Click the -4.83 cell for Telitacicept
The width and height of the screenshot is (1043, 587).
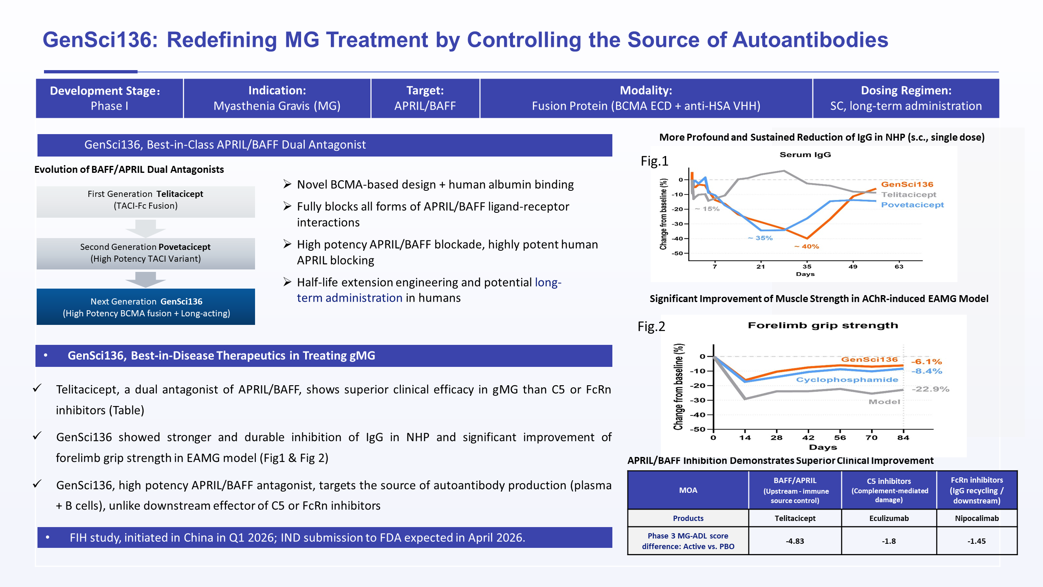pos(795,541)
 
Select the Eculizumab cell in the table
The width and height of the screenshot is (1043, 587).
pos(889,518)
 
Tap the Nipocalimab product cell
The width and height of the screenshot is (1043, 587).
pos(977,518)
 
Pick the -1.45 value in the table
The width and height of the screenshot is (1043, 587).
pos(977,541)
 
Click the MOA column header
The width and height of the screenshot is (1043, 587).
pos(688,490)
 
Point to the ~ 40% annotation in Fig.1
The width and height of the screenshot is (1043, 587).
pos(807,246)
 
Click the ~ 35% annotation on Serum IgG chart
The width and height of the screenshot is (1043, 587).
pos(760,238)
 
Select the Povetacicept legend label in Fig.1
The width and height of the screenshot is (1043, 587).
pos(912,205)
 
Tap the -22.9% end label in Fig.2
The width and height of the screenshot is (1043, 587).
pos(931,389)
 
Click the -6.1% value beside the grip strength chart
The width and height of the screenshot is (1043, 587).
pos(926,362)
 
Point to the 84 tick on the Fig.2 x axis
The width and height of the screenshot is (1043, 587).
pos(903,437)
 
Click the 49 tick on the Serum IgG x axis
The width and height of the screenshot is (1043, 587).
pos(853,267)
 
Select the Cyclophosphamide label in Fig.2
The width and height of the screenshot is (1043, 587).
pos(847,380)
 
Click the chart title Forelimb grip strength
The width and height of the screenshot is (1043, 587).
pos(823,325)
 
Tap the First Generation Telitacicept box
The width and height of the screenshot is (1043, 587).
pos(146,202)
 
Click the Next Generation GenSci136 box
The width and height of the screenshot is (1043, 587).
pos(146,307)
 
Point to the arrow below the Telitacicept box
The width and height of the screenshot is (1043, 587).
pos(145,228)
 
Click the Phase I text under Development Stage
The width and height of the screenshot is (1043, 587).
pos(110,106)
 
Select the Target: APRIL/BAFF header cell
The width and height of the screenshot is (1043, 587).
pos(425,98)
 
